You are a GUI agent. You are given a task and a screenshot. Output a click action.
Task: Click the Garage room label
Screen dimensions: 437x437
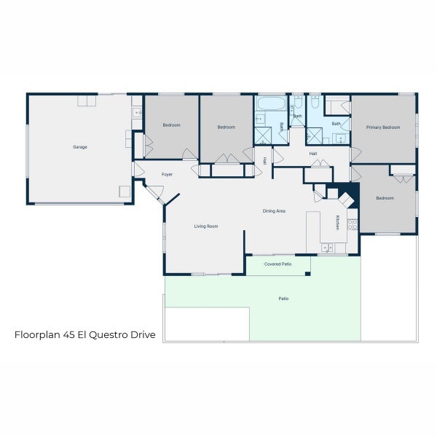click(80, 147)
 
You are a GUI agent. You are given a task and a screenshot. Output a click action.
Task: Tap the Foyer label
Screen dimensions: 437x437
click(167, 175)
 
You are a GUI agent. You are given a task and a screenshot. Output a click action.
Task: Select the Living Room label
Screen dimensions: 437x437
click(206, 227)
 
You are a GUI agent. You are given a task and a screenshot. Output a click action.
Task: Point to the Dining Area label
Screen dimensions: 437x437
click(274, 211)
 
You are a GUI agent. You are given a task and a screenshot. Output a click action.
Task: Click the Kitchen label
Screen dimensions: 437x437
click(337, 222)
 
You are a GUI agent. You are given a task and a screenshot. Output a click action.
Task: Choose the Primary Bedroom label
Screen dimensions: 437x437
click(383, 127)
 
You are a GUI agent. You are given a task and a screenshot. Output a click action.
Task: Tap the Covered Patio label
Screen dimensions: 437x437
click(278, 264)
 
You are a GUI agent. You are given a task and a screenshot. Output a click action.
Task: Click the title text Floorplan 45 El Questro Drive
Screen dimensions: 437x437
click(85, 334)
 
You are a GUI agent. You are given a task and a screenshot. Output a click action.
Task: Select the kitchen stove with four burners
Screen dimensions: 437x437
click(353, 224)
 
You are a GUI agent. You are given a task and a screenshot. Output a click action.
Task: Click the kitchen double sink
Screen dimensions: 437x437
click(327, 247)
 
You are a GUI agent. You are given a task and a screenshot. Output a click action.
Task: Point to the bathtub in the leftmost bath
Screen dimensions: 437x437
click(272, 103)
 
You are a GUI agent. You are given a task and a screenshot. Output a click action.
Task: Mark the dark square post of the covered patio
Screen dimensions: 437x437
click(307, 274)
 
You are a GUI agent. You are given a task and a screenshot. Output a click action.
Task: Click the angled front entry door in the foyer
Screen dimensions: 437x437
click(154, 192)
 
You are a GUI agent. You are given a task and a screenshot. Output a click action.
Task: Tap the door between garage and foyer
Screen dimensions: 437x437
click(138, 170)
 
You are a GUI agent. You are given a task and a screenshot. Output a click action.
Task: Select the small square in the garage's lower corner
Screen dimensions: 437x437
click(125, 192)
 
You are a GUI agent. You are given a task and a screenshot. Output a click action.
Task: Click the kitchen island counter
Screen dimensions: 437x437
click(313, 232)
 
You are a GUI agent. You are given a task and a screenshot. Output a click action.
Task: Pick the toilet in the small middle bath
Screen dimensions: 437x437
click(298, 103)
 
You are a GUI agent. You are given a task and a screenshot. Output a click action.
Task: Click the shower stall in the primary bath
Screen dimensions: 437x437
click(315, 136)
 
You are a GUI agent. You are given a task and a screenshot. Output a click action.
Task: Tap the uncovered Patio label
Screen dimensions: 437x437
click(283, 299)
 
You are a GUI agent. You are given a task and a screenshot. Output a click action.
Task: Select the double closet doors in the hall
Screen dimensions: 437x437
click(320, 163)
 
